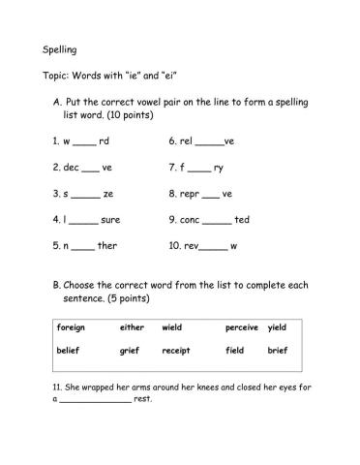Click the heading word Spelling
[60, 48]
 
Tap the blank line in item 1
[84, 143]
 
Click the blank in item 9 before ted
[218, 222]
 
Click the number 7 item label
[171, 169]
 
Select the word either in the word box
[132, 327]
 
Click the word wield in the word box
[172, 327]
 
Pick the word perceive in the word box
[242, 327]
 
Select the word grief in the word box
[130, 350]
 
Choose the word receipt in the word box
[176, 350]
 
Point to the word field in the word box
[235, 350]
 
